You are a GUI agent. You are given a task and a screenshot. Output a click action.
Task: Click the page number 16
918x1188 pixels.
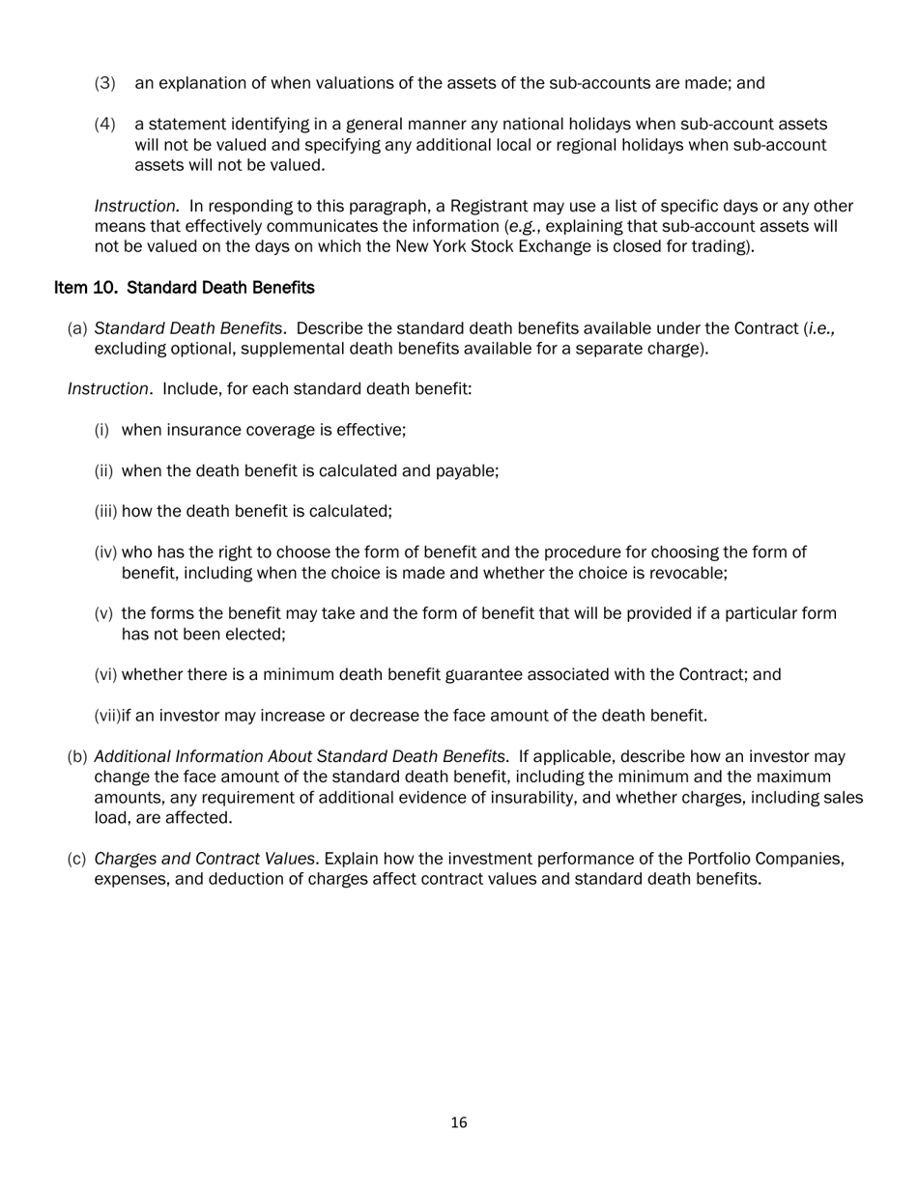[x=459, y=1122]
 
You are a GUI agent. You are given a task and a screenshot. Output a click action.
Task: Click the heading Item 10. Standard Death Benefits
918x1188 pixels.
[x=184, y=288]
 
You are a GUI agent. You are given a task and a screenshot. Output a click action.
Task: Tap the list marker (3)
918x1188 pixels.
[x=104, y=83]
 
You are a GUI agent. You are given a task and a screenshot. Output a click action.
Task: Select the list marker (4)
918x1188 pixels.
[x=104, y=125]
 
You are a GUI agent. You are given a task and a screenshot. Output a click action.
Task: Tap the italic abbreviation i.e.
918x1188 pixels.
[x=821, y=328]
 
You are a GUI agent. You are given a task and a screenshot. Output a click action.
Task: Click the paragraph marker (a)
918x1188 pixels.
[x=77, y=329]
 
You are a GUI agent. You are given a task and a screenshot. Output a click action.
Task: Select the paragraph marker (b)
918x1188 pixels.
[x=77, y=756]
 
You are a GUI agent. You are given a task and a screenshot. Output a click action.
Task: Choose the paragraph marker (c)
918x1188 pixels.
[x=77, y=859]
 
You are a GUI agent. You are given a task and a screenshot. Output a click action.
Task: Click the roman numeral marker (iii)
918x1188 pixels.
[x=105, y=512]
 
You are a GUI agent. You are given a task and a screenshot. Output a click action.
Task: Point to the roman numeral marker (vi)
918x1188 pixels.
[x=105, y=675]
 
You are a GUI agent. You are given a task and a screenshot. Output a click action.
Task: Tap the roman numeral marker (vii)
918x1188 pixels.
[x=107, y=716]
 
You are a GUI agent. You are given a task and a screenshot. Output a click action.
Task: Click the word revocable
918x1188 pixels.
[x=687, y=573]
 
